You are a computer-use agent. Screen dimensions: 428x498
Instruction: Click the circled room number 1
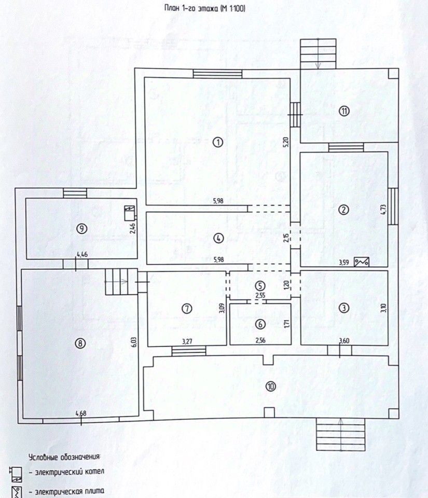point(218,142)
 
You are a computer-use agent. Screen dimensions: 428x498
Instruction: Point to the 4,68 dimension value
point(81,413)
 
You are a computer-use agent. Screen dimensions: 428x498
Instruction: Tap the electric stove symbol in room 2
point(362,262)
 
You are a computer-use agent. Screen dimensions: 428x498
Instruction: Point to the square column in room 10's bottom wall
point(269,412)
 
